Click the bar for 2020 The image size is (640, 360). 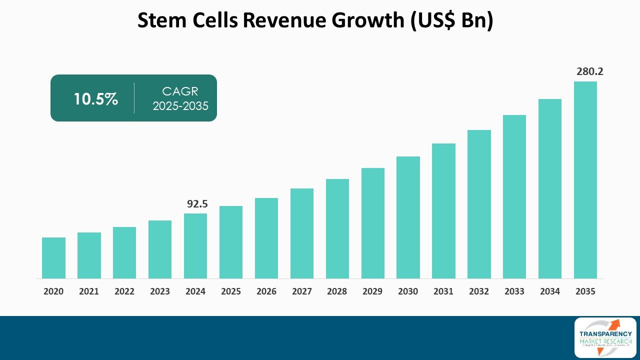[x=53, y=258]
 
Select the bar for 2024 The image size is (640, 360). [x=195, y=246]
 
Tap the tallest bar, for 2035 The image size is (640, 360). [x=585, y=180]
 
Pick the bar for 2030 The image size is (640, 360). [x=408, y=217]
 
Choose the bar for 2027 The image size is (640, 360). [x=302, y=233]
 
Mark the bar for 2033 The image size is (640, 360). [x=514, y=196]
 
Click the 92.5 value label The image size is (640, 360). [x=197, y=203]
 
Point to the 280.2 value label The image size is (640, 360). [x=589, y=71]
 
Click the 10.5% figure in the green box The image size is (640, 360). [x=95, y=99]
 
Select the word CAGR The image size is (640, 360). [x=180, y=91]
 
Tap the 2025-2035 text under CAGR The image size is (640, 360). [x=180, y=106]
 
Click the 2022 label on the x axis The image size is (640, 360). [x=124, y=291]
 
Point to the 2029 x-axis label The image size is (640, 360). [x=372, y=291]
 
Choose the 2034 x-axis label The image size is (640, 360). [x=550, y=291]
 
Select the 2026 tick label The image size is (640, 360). [x=266, y=291]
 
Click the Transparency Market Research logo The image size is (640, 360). [x=605, y=337]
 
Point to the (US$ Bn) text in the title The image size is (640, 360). [x=452, y=20]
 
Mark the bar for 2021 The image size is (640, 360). [x=89, y=255]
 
